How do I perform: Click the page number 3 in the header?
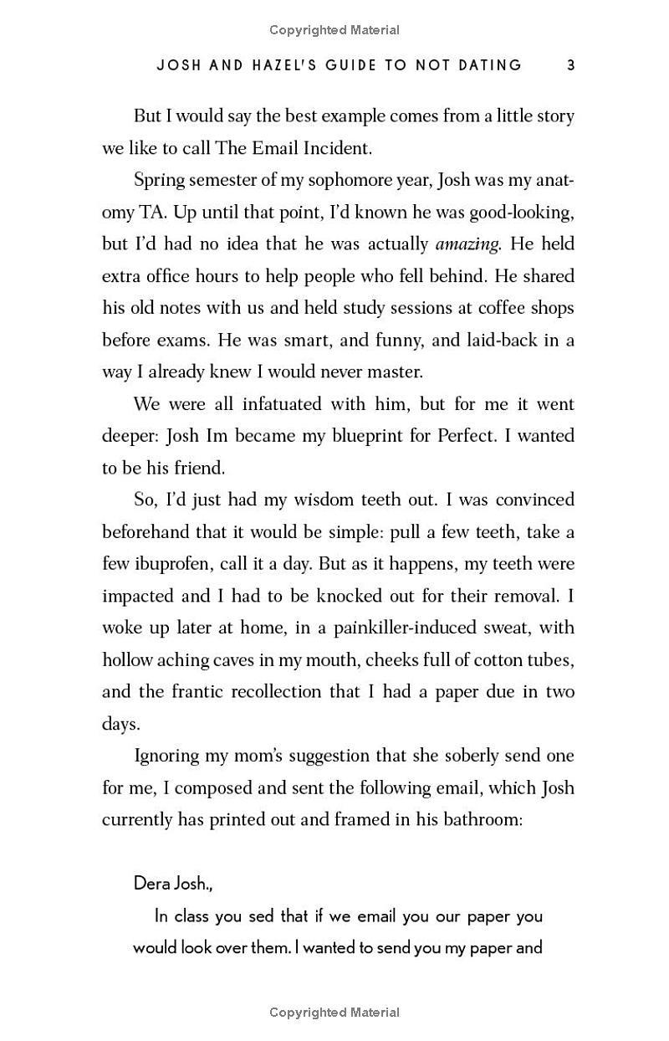570,65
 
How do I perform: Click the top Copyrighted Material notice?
334,30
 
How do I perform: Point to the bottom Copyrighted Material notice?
334,1013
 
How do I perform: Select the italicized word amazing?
468,244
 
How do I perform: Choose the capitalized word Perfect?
470,436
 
